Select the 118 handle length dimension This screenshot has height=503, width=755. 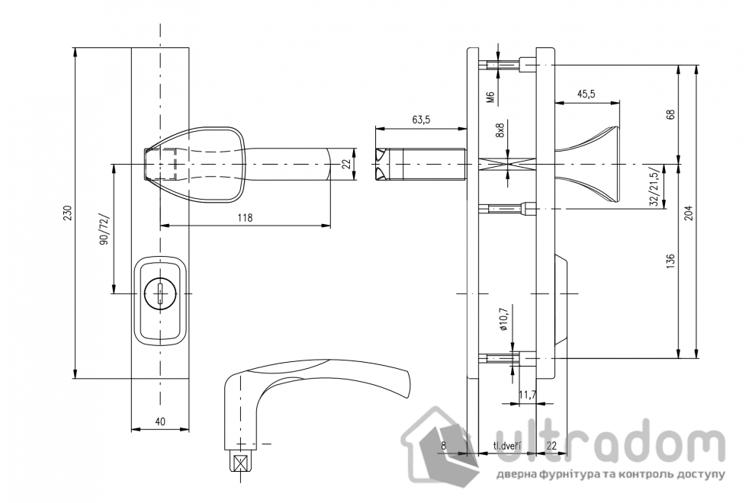coord(244,217)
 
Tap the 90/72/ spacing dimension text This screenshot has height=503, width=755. coord(104,229)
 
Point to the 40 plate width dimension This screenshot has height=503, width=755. coord(159,421)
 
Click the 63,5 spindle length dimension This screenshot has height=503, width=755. coord(421,120)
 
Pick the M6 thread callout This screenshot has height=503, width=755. coord(491,97)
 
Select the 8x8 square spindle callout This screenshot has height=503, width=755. coord(500,130)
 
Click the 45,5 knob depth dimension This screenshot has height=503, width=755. coord(586,94)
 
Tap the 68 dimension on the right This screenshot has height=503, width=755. coord(671,114)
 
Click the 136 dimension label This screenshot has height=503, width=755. coord(671,261)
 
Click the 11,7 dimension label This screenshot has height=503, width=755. coord(527,395)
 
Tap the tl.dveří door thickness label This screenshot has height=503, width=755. coord(506,445)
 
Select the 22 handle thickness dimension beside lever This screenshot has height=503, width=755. coord(345,164)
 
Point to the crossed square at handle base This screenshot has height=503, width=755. coord(241,462)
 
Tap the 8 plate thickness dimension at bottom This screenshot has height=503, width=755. coord(442,445)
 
